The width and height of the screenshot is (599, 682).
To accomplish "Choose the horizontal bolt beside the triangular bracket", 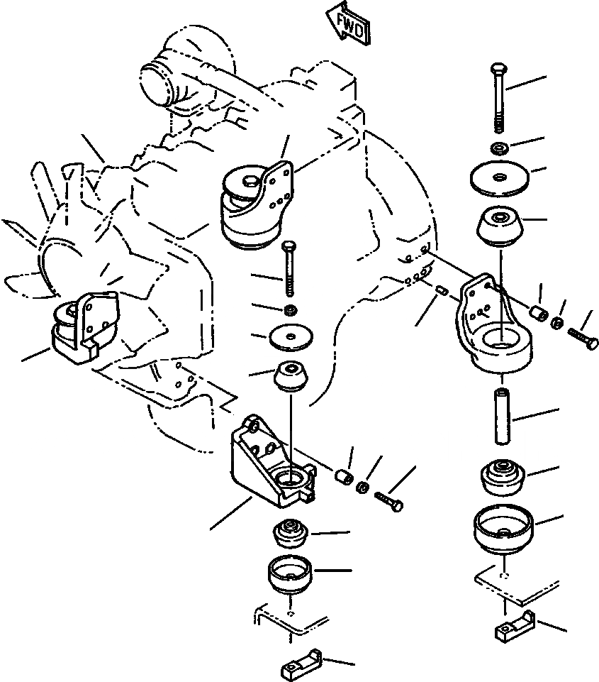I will [x=388, y=500].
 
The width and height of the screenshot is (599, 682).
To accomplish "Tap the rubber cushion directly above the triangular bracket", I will [x=290, y=375].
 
